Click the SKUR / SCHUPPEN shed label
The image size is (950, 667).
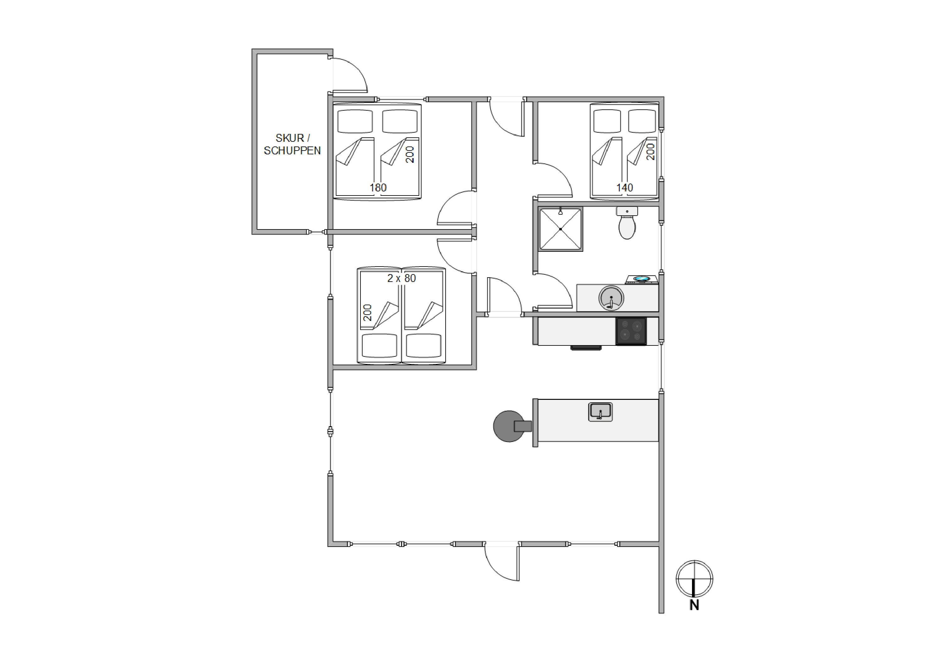[292, 144]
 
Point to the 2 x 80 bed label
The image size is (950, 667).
[401, 278]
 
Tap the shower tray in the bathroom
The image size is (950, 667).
[561, 229]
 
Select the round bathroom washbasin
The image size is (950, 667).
[611, 297]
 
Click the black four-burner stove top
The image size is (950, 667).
[631, 331]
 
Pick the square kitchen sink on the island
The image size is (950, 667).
[600, 412]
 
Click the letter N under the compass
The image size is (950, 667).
[694, 605]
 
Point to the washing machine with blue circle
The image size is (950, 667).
[641, 279]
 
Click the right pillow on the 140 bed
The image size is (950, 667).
[642, 121]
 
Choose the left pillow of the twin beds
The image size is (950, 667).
[379, 346]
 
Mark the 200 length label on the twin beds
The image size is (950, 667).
[367, 313]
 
